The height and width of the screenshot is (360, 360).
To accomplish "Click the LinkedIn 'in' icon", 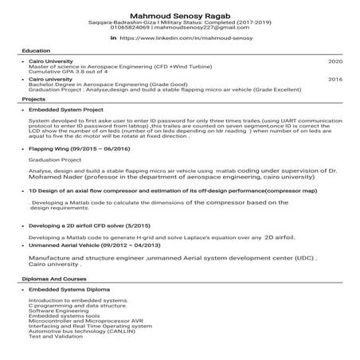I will click(x=113, y=37).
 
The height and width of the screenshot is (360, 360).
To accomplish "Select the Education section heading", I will click(x=37, y=50).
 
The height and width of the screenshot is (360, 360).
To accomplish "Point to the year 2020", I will click(x=335, y=61).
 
